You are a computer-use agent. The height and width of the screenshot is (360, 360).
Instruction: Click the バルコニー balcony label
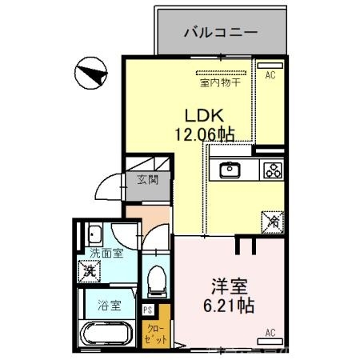pos(220,33)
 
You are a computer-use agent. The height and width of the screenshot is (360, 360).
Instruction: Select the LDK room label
pos(204,114)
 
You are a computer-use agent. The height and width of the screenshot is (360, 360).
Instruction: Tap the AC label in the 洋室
pos(270,331)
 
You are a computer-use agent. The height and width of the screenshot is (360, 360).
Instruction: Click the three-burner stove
pos(273,169)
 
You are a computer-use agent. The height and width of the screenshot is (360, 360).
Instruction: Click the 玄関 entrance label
pos(147,179)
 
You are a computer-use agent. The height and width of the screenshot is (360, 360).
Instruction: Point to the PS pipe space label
pos(147,310)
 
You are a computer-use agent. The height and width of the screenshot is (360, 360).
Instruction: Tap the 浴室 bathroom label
pos(110,305)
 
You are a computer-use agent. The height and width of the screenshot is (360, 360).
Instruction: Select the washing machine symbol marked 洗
pos(92,270)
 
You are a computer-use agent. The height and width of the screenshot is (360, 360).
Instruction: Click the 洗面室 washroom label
pos(106,253)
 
